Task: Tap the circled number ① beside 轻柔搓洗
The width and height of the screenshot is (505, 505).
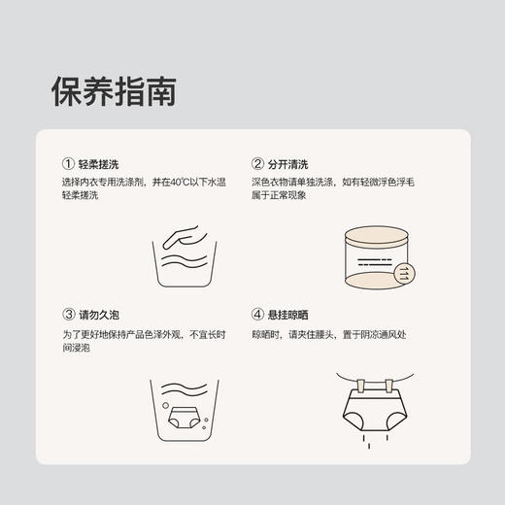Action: (x=67, y=165)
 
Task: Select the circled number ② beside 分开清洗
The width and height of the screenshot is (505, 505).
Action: (x=257, y=165)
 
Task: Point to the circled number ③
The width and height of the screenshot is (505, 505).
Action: (x=67, y=316)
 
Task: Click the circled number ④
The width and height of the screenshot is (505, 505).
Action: (x=257, y=316)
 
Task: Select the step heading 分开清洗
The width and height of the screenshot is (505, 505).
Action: (x=290, y=165)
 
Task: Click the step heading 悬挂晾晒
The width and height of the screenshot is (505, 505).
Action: (x=290, y=316)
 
